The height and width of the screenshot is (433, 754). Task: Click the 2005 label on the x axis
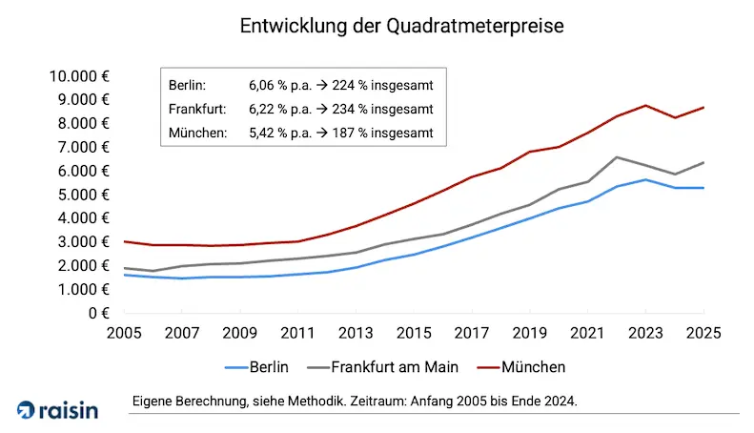click(x=124, y=334)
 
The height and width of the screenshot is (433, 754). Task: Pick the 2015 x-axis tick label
click(x=414, y=334)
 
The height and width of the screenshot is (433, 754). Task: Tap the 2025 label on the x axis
click(x=703, y=334)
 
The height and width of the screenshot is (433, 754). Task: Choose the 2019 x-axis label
click(x=529, y=334)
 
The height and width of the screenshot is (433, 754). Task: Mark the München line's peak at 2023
click(x=645, y=106)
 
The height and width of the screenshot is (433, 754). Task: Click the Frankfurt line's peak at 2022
click(x=617, y=157)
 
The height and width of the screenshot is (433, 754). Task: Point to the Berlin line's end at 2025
click(x=703, y=188)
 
